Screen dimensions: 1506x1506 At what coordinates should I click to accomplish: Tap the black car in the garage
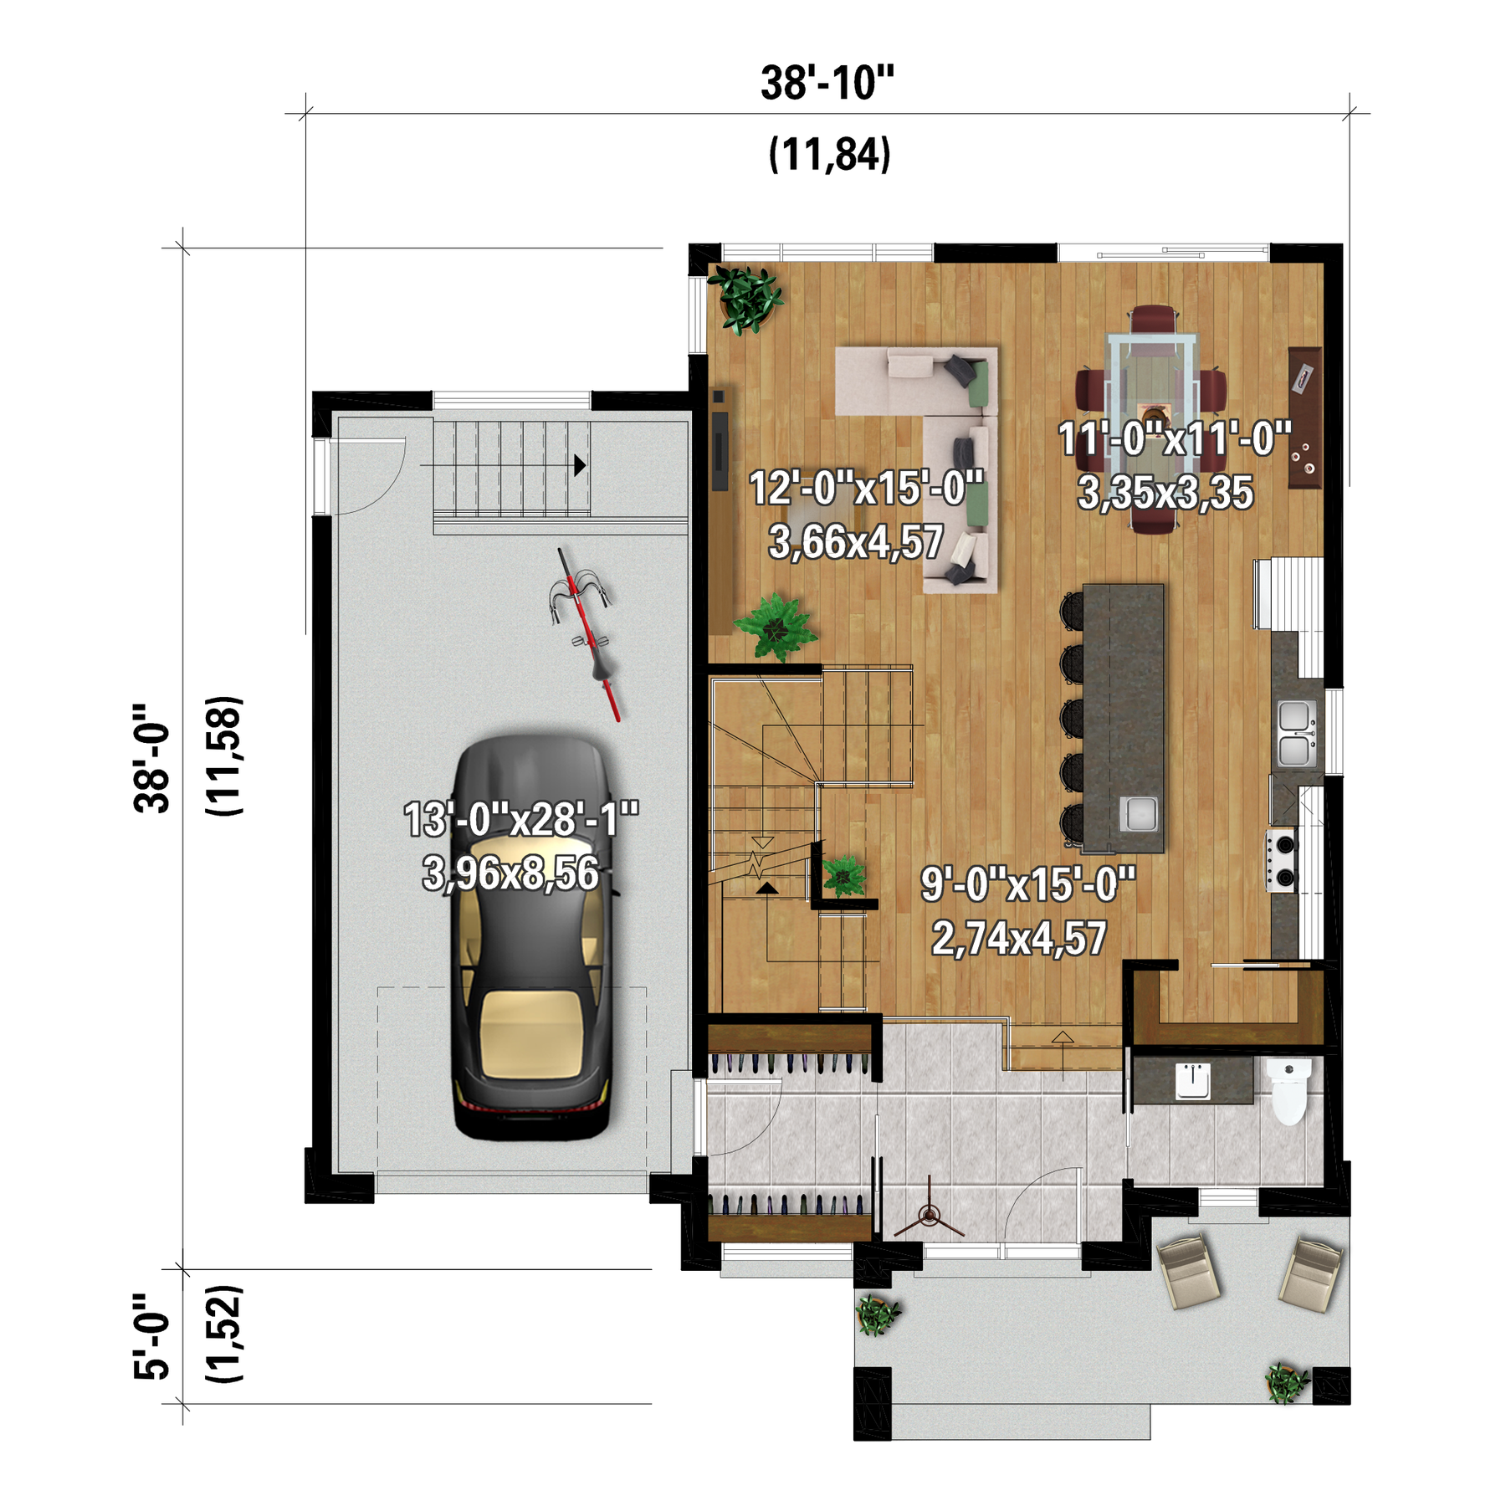(532, 937)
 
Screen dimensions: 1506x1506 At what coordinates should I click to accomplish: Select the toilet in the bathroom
(1288, 1091)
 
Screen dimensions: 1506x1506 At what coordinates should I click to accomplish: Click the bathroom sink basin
(1192, 1081)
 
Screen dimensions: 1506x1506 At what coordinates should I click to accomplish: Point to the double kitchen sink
(1295, 734)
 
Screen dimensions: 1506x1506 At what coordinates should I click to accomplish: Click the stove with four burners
(1282, 860)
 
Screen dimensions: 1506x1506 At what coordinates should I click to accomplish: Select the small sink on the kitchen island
(1139, 813)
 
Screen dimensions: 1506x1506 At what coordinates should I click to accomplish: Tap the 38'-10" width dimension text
(827, 83)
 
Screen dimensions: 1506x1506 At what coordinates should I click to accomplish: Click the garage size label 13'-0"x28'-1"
(521, 819)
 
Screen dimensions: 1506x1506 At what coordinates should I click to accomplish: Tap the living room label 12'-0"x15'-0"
(866, 488)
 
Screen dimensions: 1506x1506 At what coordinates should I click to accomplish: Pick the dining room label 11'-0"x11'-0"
(1175, 438)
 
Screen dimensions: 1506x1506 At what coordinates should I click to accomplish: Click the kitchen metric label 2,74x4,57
(1019, 938)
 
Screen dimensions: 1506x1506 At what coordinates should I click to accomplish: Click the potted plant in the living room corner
(745, 299)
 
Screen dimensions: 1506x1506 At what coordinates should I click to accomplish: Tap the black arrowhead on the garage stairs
(580, 465)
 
